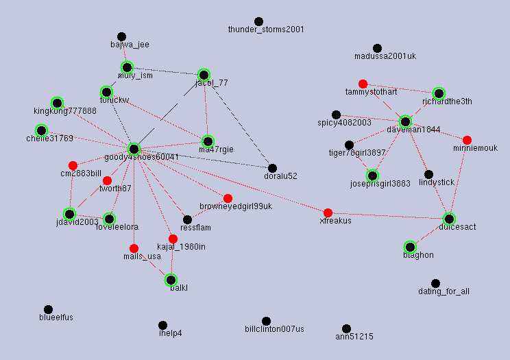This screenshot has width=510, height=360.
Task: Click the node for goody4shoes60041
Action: (x=134, y=149)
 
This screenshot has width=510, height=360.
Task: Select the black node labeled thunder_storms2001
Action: (x=258, y=22)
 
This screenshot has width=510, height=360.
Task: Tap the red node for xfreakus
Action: (x=328, y=213)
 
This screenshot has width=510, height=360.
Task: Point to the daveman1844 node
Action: (x=405, y=121)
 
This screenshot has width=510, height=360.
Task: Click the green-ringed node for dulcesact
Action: (x=449, y=219)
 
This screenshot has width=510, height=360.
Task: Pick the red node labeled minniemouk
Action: (x=467, y=140)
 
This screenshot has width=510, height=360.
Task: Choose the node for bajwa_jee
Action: (x=121, y=36)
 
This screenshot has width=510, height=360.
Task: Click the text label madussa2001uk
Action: (x=385, y=56)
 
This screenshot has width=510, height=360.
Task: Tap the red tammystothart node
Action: (x=363, y=84)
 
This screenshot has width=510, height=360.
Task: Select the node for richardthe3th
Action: (x=439, y=93)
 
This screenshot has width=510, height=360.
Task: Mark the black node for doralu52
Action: (x=272, y=168)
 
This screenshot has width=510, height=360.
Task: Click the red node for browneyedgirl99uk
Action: (x=228, y=197)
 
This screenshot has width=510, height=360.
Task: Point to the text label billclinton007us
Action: (x=274, y=329)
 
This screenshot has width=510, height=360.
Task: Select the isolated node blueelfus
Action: (x=48, y=310)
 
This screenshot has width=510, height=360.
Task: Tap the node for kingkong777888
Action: (x=57, y=103)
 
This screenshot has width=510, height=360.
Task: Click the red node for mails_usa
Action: (x=134, y=248)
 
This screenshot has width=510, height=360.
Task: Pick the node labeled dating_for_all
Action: (x=435, y=283)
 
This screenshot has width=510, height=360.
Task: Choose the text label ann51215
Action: (x=354, y=337)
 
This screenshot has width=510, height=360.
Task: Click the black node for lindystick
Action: (x=428, y=174)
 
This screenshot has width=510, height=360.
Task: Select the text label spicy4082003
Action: (x=344, y=123)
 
